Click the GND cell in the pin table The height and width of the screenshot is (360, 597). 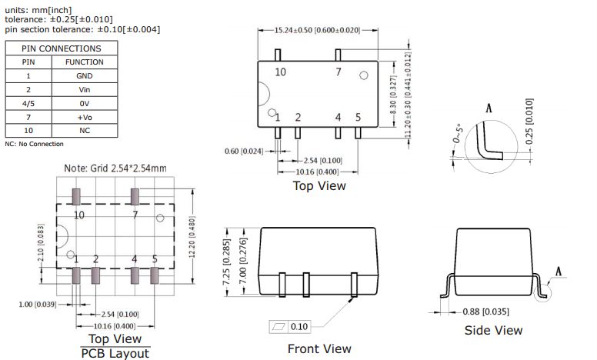click(84, 75)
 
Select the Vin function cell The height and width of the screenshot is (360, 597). click(84, 89)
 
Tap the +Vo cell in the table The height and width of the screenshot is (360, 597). click(84, 117)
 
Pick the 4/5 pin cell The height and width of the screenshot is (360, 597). click(28, 103)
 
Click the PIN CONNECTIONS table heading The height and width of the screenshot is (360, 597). click(61, 48)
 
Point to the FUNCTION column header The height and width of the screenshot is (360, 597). click(84, 62)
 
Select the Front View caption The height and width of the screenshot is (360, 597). click(319, 348)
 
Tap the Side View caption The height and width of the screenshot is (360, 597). click(493, 330)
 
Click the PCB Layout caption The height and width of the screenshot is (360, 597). click(115, 353)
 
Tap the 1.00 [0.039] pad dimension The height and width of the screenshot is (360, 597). click(36, 305)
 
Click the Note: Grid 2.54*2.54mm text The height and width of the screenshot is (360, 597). click(115, 168)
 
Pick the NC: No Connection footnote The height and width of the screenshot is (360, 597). click(35, 144)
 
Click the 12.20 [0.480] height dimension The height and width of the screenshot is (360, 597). click(198, 235)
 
